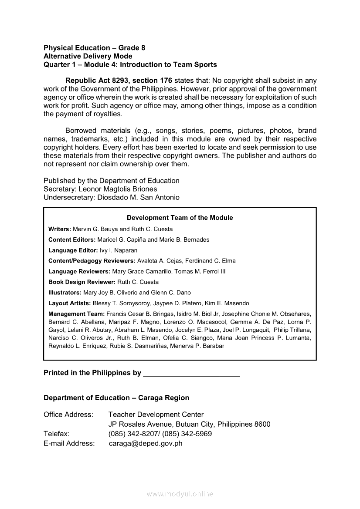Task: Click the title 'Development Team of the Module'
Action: click(180, 218)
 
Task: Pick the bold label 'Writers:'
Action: click(60, 229)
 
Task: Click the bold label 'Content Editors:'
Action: click(72, 239)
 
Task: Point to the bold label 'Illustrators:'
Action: click(65, 293)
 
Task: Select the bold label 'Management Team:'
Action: click(76, 314)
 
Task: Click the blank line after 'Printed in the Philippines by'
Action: click(191, 374)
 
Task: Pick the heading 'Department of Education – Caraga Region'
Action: click(116, 398)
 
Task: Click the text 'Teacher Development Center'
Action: click(156, 415)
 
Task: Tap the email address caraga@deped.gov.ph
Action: click(146, 444)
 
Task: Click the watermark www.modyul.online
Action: click(180, 494)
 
